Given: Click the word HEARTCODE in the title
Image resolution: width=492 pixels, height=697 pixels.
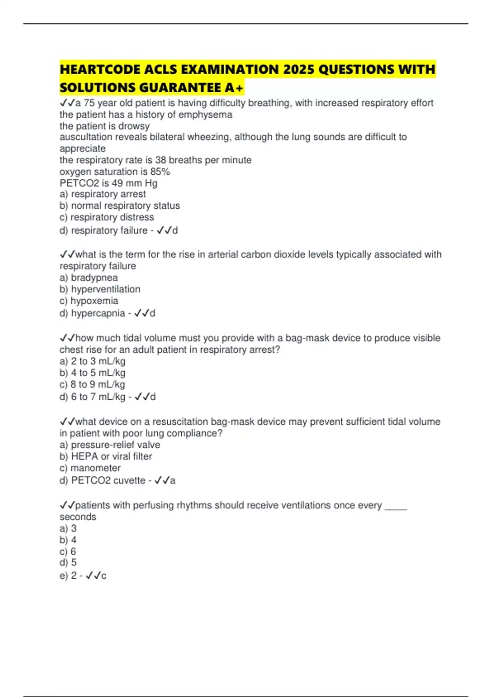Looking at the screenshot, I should coord(100,69).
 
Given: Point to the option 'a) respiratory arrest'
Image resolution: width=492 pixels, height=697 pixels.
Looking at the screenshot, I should coord(102,194).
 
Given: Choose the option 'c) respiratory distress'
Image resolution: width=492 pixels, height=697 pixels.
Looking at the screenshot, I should coord(107,217).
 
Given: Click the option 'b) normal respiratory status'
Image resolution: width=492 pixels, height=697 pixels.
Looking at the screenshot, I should coord(120,205).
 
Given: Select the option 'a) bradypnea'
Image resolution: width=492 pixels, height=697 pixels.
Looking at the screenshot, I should coord(89,278).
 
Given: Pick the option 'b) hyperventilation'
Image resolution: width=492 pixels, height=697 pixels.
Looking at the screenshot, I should coord(100,289).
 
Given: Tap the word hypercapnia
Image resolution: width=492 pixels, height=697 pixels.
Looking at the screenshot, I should coord(98,313).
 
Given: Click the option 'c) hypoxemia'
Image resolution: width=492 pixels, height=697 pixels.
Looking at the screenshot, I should coord(89,301).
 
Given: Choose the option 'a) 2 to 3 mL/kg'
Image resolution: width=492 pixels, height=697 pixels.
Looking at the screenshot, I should coord(92,361).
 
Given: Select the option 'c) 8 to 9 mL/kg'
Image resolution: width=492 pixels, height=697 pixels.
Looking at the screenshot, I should coord(92,384).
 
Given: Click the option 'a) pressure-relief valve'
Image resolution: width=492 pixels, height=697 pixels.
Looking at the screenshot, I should coord(110,445).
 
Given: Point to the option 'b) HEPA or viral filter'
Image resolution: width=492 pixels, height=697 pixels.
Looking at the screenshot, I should coord(106,456).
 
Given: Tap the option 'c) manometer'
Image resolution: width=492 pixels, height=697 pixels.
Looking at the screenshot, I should coord(90,468).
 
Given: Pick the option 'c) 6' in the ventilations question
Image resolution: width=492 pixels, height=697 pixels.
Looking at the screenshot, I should coord(68,551).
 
